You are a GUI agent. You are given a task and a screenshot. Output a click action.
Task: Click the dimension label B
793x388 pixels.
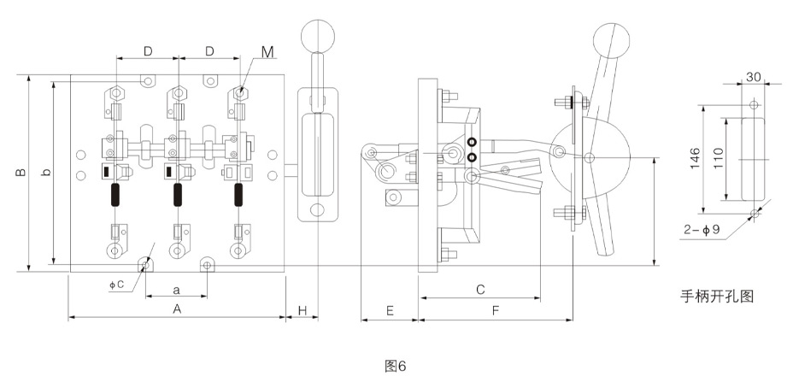(20, 173)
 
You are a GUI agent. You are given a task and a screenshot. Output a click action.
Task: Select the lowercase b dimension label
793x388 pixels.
(46, 173)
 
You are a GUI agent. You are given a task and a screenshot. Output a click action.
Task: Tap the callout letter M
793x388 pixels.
(267, 52)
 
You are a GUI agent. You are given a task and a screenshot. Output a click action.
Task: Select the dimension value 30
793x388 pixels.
(753, 76)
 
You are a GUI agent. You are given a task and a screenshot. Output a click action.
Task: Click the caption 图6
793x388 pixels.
(394, 366)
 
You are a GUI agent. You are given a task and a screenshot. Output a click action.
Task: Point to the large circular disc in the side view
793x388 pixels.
(589, 157)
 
